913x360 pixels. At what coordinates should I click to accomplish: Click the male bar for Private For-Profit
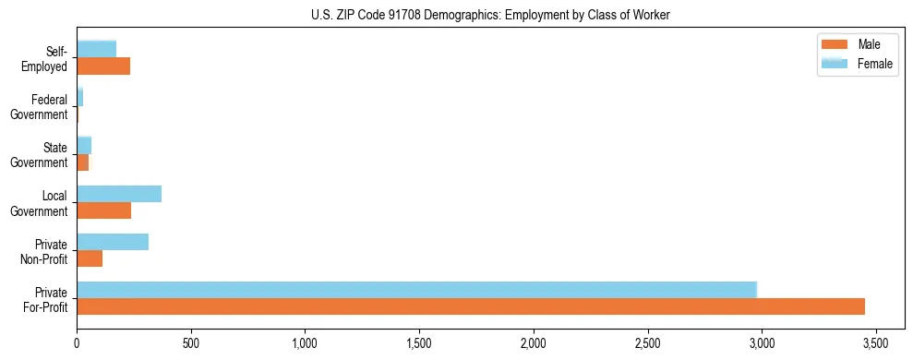tap(471, 306)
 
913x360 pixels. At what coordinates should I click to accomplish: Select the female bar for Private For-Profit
tap(416, 290)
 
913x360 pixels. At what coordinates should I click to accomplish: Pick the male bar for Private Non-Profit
tap(90, 258)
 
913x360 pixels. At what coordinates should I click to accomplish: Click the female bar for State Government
tap(84, 146)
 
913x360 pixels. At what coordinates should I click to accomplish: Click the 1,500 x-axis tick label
tap(419, 343)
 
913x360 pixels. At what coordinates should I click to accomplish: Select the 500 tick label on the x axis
tap(191, 343)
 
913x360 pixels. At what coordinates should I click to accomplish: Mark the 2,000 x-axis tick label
tap(534, 343)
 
